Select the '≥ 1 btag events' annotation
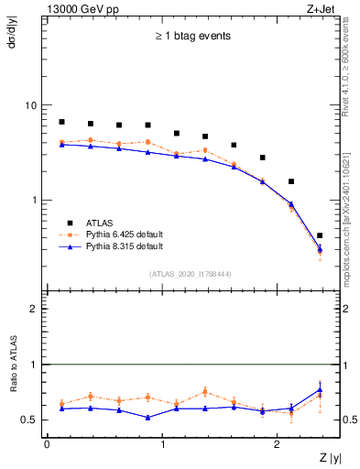tap(191, 37)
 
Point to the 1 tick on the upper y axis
tap(33, 200)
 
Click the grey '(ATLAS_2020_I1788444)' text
tap(191, 273)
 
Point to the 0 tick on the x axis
tap(47, 444)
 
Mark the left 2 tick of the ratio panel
tap(33, 309)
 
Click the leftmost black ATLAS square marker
tap(61, 122)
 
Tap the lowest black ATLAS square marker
tap(319, 235)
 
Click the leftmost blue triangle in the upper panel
tap(61, 144)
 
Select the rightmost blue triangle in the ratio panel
tap(319, 389)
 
